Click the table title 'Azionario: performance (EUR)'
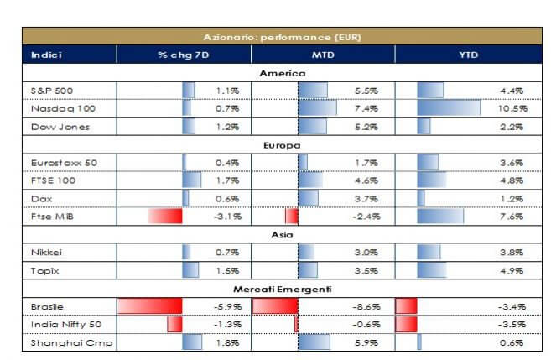tap(282, 38)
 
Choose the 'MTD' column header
tap(322, 55)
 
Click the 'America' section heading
tap(282, 73)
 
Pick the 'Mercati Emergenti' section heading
tap(282, 289)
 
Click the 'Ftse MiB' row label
tap(49, 216)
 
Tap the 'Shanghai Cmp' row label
tap(60, 342)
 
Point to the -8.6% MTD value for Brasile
tap(367, 306)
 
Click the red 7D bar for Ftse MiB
tap(165, 216)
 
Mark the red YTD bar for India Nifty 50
tap(406, 324)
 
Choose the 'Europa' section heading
tap(282, 144)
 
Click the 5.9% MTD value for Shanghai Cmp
tap(369, 342)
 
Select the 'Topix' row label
tap(43, 270)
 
